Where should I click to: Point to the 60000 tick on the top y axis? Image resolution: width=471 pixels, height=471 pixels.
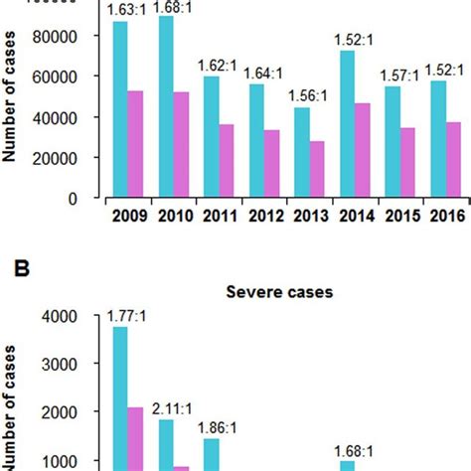click(77, 77)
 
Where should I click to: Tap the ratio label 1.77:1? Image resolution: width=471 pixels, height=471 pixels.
click(127, 317)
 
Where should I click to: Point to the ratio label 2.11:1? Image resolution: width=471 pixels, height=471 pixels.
click(173, 407)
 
